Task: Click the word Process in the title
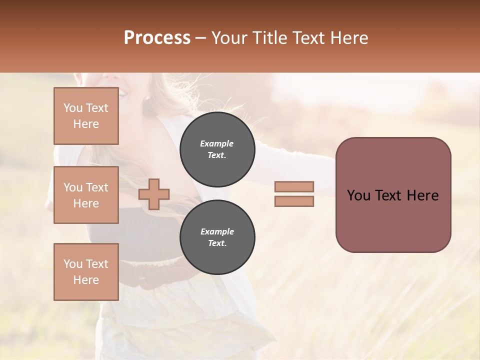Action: pos(157,38)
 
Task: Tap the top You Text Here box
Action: pos(86,116)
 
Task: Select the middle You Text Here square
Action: pos(86,195)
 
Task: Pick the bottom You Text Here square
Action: pos(86,272)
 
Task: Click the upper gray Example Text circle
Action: pos(217,149)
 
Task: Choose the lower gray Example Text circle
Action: pos(217,237)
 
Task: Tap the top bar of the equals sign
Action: pos(294,186)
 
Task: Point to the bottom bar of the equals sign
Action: pos(294,201)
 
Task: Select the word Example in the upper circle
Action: pos(217,143)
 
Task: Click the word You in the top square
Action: pos(73,108)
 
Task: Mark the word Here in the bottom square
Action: pos(86,280)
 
